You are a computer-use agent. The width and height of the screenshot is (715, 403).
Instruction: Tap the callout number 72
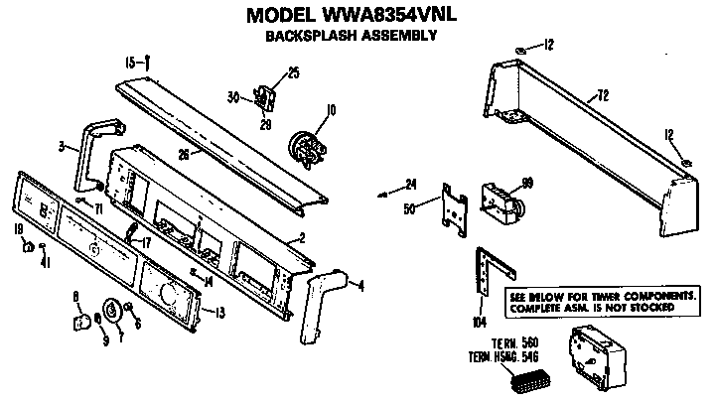tap(601, 95)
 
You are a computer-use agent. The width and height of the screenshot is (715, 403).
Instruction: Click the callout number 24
tap(412, 183)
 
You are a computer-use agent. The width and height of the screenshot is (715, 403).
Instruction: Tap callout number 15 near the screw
tap(129, 62)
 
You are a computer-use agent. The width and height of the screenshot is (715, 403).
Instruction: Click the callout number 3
tap(62, 147)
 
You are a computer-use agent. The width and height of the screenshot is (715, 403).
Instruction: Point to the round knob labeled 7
tap(111, 313)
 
